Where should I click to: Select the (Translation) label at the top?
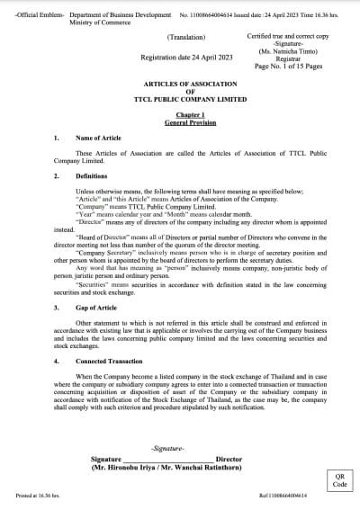point(186,37)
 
